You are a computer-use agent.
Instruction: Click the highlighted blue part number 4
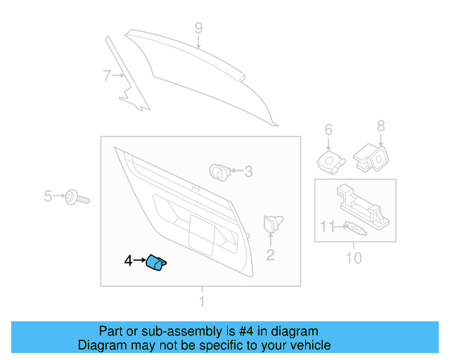(157, 263)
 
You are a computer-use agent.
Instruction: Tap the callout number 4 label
(128, 261)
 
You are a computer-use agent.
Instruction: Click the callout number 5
(48, 196)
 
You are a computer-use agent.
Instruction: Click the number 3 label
(247, 171)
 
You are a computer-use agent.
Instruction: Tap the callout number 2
(270, 255)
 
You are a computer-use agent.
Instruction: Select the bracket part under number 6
(330, 162)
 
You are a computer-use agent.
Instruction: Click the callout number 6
(328, 129)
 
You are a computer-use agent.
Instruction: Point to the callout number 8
(380, 126)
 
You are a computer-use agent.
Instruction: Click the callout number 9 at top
(198, 28)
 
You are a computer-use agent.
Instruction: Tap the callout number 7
(107, 75)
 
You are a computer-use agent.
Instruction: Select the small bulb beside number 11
(355, 228)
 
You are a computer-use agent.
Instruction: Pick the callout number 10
(354, 259)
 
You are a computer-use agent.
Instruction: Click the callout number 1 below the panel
(202, 302)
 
